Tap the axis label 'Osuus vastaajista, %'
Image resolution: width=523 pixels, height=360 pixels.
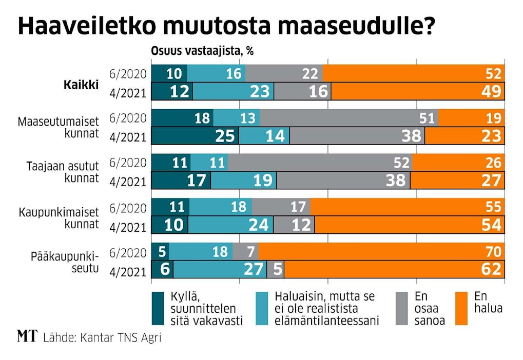(202, 51)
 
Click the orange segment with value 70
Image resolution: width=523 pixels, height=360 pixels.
(381, 252)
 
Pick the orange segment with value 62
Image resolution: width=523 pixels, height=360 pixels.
(394, 269)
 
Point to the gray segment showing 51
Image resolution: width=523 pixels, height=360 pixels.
(348, 117)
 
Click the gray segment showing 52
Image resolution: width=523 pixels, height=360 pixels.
(320, 163)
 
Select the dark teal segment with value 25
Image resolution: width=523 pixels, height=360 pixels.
(196, 135)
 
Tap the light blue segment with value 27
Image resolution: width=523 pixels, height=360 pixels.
(220, 269)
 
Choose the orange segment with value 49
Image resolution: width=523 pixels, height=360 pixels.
(418, 91)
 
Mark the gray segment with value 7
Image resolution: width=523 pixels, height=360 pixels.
(245, 252)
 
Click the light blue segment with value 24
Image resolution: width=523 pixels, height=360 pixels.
(230, 225)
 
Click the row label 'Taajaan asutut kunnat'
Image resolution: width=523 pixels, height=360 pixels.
(62, 172)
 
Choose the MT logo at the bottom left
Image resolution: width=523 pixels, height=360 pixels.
(27, 336)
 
